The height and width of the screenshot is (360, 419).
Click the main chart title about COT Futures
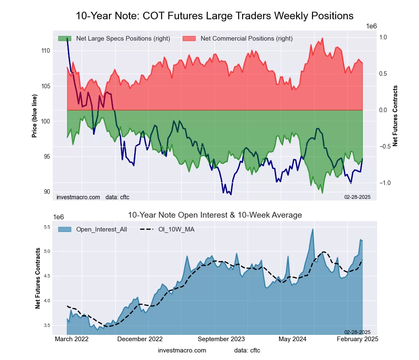[x=215, y=16]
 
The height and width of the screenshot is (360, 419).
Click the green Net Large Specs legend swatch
[x=65, y=39]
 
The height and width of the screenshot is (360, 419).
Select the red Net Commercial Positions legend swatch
[x=189, y=39]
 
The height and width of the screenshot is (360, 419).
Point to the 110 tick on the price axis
[x=45, y=51]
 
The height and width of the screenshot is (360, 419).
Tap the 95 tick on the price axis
[x=45, y=157]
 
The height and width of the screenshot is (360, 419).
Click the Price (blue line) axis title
[x=34, y=112]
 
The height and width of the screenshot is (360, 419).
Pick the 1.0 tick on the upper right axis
[x=383, y=37]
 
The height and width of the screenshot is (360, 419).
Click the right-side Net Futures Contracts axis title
[x=395, y=116]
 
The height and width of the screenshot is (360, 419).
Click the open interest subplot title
[x=215, y=215]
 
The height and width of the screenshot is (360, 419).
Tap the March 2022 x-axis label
[x=72, y=339]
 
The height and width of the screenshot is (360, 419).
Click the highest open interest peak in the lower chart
[x=313, y=229]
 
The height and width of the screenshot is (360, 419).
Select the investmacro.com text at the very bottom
[x=182, y=350]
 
